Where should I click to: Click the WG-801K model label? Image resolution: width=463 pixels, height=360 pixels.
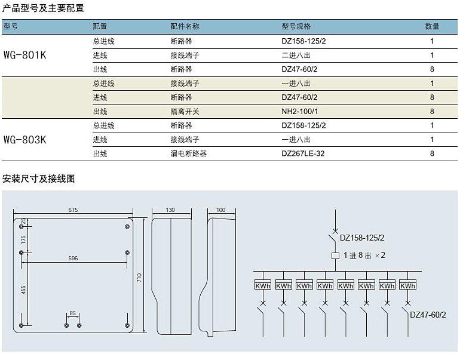(25, 55)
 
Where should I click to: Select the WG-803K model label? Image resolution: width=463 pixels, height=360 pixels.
(25, 140)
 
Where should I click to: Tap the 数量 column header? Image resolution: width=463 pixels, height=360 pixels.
(432, 26)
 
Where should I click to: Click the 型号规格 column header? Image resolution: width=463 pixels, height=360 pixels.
(296, 26)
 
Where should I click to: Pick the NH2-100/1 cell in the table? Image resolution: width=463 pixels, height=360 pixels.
(299, 112)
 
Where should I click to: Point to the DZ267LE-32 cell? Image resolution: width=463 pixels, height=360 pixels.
(303, 153)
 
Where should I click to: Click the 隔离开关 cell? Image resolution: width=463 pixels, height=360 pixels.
(185, 112)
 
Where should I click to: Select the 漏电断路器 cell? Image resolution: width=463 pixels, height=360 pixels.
(188, 153)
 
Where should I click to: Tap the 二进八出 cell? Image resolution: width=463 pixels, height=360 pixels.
(296, 55)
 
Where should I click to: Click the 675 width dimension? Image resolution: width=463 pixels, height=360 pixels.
(73, 210)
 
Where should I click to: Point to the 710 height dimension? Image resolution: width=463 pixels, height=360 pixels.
(139, 278)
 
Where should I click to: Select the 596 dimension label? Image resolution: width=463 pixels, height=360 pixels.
(73, 258)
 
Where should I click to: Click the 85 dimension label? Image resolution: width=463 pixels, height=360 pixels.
(73, 313)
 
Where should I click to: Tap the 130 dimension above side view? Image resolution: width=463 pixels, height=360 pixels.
(170, 210)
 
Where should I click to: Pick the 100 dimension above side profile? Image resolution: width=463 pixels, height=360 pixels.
(220, 210)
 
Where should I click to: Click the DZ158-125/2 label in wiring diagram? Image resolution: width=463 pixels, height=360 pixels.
(362, 238)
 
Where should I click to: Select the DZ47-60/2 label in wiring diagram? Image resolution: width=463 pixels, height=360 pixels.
(428, 315)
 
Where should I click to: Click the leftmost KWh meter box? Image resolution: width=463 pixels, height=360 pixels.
(263, 285)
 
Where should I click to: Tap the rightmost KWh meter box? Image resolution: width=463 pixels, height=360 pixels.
(408, 285)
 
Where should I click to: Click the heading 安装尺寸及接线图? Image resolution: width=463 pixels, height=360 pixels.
(38, 179)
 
